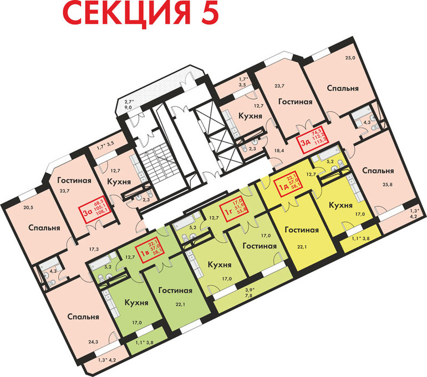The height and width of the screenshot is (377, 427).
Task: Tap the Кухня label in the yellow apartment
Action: click(341, 205)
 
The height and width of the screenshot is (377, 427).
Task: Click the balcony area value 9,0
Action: click(129, 109)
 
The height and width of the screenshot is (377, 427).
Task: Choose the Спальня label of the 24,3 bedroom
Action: click(84, 317)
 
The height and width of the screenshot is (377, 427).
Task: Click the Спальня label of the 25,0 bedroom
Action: click(342, 88)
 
